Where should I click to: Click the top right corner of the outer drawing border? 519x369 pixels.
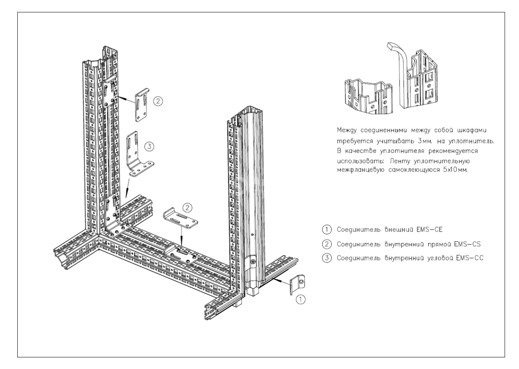tap(505, 12)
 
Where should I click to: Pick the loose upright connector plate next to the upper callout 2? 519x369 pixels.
tap(142, 105)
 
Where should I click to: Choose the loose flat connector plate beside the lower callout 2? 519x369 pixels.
tap(180, 219)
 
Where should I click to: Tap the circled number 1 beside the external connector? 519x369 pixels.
tap(301, 299)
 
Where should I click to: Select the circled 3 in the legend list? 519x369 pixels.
tap(327, 258)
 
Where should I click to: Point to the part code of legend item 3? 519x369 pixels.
tap(470, 258)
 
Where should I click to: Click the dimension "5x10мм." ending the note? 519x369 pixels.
tap(455, 170)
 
